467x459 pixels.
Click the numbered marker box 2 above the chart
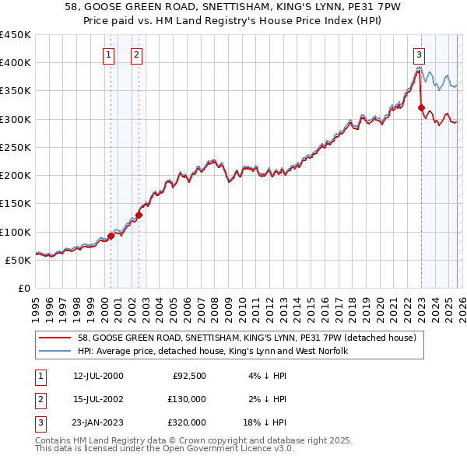click(136, 54)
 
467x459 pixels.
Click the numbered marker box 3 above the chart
click(419, 54)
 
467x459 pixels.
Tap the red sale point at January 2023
click(421, 108)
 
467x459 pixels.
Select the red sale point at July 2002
click(139, 215)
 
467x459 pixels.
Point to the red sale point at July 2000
click(111, 236)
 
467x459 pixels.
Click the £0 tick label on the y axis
click(23, 288)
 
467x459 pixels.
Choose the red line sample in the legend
click(55, 338)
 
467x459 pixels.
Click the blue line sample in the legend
click(55, 351)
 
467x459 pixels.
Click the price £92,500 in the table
click(189, 376)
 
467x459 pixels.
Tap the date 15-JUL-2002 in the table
click(98, 399)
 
